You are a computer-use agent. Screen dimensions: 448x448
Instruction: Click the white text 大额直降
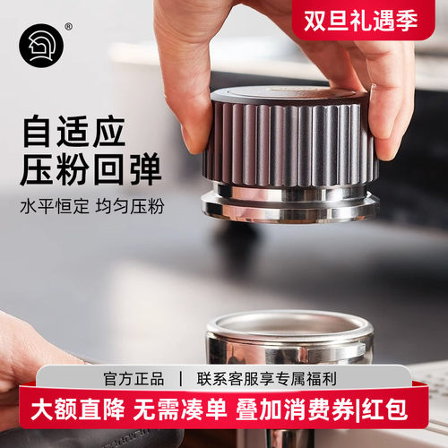pyautogui.click(x=67, y=414)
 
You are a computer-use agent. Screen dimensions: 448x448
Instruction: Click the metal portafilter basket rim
pyautogui.click(x=289, y=327)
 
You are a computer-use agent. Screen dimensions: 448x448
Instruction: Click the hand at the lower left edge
pyautogui.click(x=27, y=358)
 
